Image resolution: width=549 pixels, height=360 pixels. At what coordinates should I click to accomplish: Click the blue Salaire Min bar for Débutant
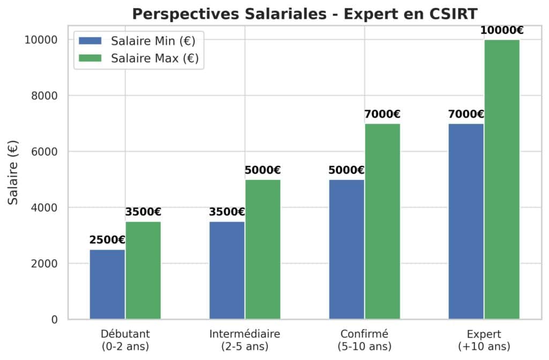107,284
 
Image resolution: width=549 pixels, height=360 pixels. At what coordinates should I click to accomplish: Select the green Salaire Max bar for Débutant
143,271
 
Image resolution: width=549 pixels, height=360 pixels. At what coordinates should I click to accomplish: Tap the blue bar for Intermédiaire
227,271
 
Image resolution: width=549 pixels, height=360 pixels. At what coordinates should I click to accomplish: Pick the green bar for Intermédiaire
263,250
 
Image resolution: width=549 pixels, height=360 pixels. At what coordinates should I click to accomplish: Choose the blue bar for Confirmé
346,250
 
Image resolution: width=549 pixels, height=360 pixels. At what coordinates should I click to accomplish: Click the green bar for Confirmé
382,222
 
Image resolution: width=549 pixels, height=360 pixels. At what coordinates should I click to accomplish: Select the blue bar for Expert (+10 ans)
466,222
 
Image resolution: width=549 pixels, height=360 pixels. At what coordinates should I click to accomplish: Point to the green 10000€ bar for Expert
502,179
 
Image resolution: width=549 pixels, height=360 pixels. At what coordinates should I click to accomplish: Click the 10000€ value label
502,30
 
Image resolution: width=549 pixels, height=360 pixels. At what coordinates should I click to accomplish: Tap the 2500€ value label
107,240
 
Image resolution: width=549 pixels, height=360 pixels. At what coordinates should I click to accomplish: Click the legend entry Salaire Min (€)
140,41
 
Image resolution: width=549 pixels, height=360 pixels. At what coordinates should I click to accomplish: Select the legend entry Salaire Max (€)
140,58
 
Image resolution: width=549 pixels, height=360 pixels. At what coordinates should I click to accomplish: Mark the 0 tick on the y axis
54,320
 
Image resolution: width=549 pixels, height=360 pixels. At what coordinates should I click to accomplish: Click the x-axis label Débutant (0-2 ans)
125,340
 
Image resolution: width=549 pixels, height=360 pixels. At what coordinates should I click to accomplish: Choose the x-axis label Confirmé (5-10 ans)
365,340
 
